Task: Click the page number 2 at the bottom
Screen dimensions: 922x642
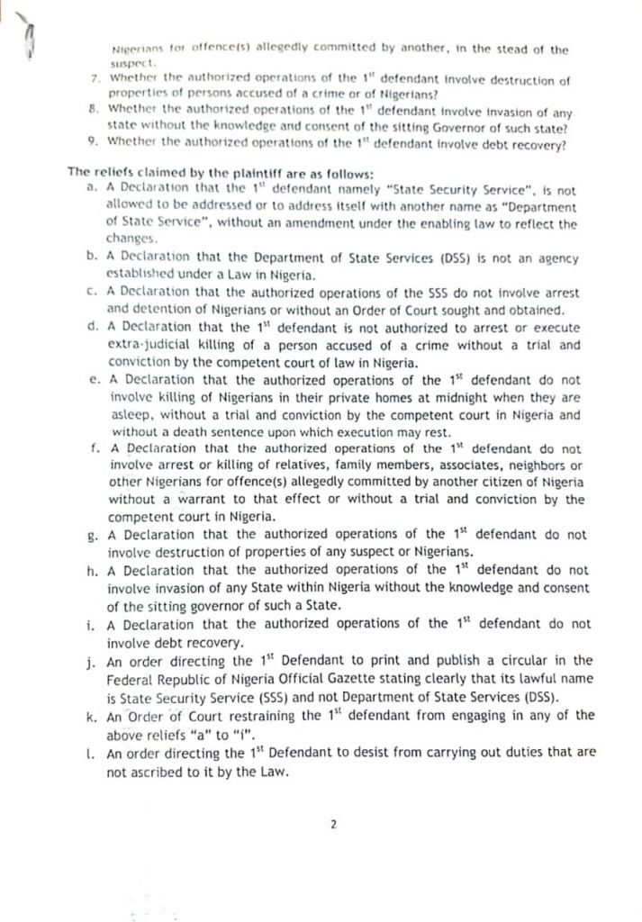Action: [332, 823]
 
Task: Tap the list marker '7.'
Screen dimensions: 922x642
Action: [95, 80]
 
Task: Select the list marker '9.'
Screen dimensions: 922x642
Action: [95, 140]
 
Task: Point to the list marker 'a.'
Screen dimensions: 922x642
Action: [92, 190]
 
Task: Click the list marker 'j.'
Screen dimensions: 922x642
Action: [92, 660]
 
